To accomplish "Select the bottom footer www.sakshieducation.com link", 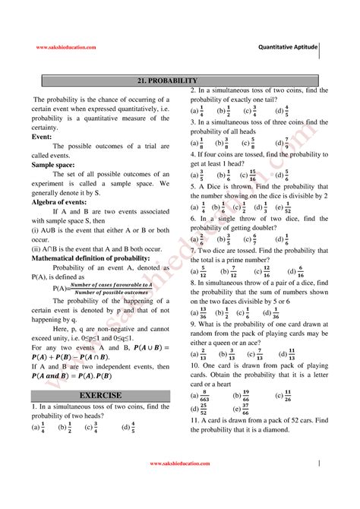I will (178, 463).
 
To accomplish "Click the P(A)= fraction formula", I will (102, 289).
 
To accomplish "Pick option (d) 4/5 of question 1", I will (129, 427).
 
